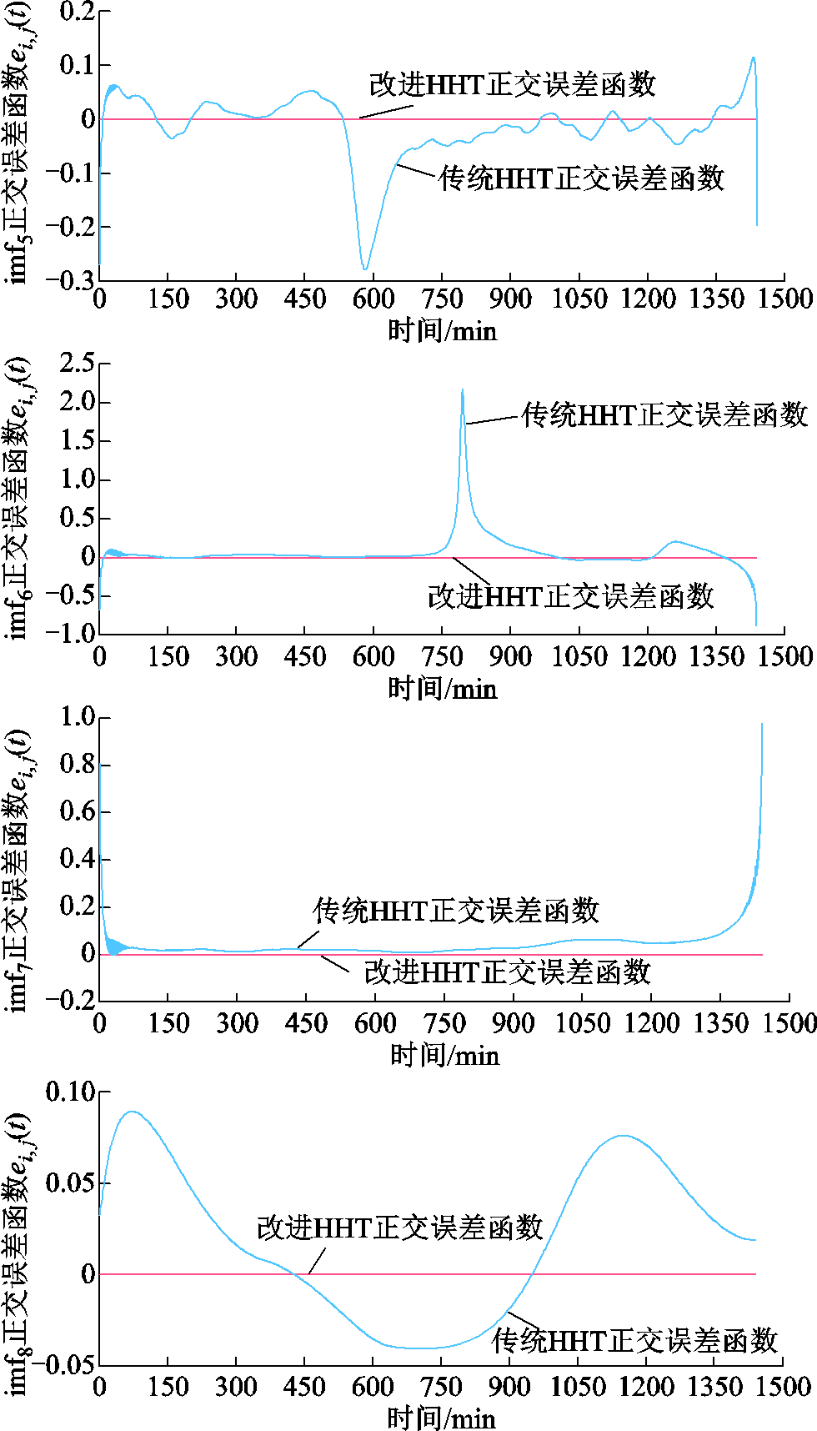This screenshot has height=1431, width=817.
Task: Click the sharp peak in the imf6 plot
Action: pos(463,390)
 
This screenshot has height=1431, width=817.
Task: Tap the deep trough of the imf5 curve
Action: pos(365,269)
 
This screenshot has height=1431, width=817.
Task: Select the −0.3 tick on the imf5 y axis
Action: pos(70,280)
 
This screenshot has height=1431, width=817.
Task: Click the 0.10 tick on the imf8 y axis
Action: pos(70,1092)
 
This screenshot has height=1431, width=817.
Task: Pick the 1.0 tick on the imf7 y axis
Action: pos(77,717)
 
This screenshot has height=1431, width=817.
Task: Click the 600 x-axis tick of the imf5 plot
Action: pos(373,299)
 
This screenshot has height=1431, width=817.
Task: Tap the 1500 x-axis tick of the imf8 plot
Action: pos(784,1387)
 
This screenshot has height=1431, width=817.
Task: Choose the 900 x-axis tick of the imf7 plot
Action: pos(512,1023)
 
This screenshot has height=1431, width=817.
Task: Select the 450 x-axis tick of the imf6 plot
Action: pos(304,657)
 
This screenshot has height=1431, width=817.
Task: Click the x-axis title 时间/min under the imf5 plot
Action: pos(442,331)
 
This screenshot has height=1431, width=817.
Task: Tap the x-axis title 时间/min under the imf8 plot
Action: pos(442,1418)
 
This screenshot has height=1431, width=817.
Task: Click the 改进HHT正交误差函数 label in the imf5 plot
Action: pos(512,84)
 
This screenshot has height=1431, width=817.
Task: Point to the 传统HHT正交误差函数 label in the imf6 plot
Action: pos(664,414)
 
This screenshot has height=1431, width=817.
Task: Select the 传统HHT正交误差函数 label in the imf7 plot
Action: pos(456,911)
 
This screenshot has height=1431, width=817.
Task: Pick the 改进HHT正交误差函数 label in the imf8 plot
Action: pos(399,1228)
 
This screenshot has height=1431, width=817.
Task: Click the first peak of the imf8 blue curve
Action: pos(132,1112)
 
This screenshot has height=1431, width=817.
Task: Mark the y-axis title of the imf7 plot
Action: pos(18,871)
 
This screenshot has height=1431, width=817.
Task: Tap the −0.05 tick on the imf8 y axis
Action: pos(70,1365)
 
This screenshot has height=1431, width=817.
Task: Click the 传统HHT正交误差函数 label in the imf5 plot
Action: pos(581,178)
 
